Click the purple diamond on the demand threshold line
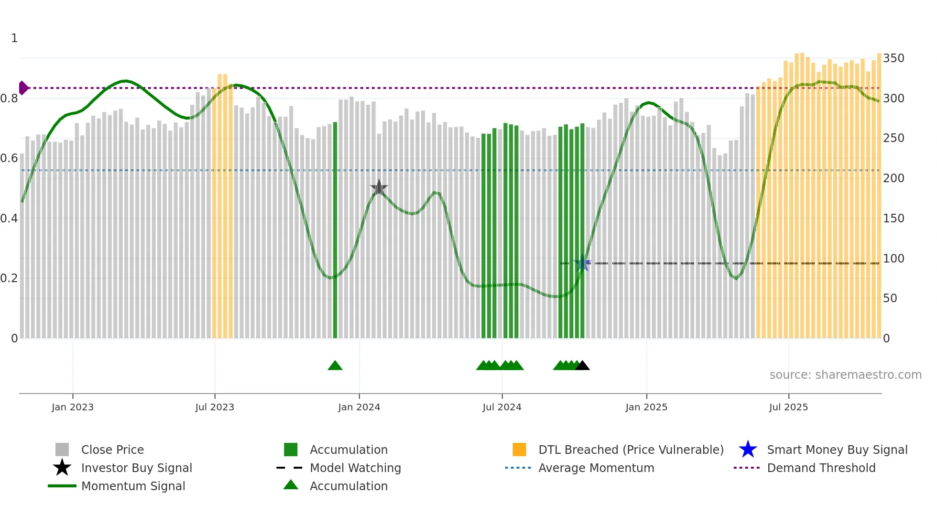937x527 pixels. pyautogui.click(x=23, y=88)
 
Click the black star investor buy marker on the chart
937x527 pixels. pyautogui.click(x=379, y=188)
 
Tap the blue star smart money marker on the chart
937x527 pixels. pyautogui.click(x=582, y=263)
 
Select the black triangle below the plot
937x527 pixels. pyautogui.click(x=582, y=366)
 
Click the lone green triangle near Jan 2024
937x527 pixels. pyautogui.click(x=335, y=366)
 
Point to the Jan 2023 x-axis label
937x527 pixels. pyautogui.click(x=73, y=407)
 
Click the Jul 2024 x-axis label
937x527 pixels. pyautogui.click(x=502, y=407)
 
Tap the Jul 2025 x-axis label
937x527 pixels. pyautogui.click(x=788, y=407)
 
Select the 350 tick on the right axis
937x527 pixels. pyautogui.click(x=893, y=58)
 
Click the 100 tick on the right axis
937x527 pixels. pyautogui.click(x=893, y=259)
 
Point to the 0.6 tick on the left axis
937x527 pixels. pyautogui.click(x=9, y=158)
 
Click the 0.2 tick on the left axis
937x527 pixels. pyautogui.click(x=9, y=278)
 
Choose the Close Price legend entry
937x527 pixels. pyautogui.click(x=112, y=450)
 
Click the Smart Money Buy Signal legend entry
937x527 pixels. pyautogui.click(x=837, y=450)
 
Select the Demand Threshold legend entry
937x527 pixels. pyautogui.click(x=821, y=468)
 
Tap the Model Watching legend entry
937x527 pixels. pyautogui.click(x=355, y=468)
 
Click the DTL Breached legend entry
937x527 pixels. pyautogui.click(x=631, y=450)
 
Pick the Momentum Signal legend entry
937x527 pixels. pyautogui.click(x=133, y=486)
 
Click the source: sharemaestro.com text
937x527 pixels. pyautogui.click(x=845, y=375)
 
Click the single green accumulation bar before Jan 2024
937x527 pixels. pyautogui.click(x=335, y=230)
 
